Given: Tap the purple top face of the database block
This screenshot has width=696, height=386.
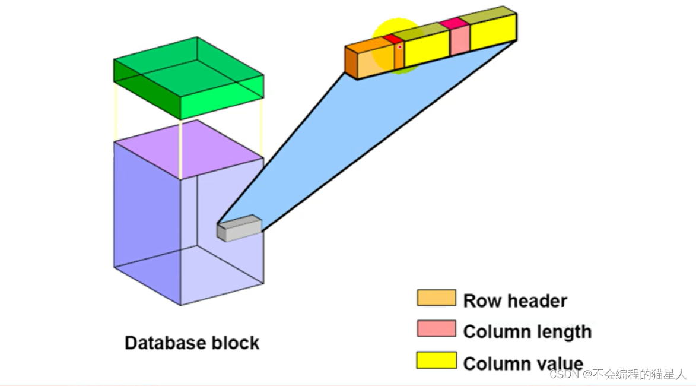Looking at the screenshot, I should click(x=189, y=149).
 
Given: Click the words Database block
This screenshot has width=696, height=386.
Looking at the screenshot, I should click(x=192, y=343).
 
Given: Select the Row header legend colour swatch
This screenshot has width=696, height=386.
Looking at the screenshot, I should click(x=436, y=298).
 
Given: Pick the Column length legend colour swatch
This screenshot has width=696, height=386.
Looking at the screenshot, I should click(x=436, y=329).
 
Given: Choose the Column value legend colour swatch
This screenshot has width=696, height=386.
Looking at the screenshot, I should click(x=436, y=360).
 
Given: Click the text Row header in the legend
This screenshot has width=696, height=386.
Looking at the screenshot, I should click(x=514, y=301).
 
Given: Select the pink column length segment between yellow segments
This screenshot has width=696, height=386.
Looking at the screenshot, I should click(x=459, y=41).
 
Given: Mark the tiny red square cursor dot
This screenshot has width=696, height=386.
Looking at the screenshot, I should click(x=400, y=46).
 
